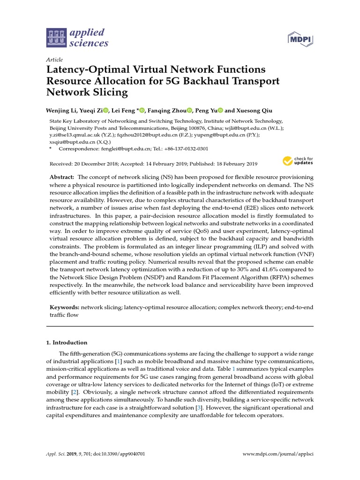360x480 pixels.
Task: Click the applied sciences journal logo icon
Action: click(x=57, y=38)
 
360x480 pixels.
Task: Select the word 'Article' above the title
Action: click(x=54, y=60)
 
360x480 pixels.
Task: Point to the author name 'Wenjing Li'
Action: click(x=61, y=111)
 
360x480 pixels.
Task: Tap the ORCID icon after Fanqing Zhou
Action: click(x=189, y=111)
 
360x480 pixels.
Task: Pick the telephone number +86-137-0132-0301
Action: click(x=185, y=149)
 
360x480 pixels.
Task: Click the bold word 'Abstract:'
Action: click(x=62, y=177)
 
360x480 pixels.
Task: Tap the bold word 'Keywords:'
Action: click(x=65, y=307)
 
